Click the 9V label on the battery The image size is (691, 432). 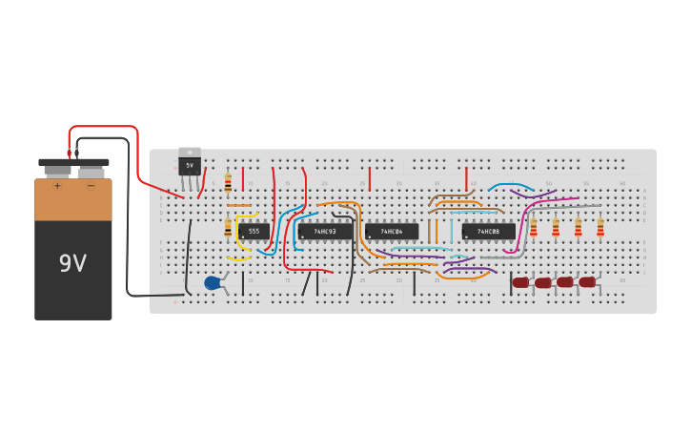pos(72,262)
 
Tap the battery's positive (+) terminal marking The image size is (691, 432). pos(57,185)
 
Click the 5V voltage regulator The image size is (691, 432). pos(189,164)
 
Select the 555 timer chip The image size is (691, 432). pos(254,231)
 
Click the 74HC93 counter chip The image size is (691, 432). pos(325,232)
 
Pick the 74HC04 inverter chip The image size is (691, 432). pos(392,232)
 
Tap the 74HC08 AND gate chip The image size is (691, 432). pos(488,232)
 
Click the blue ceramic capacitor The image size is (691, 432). pos(213,282)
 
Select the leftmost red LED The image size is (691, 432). pos(520,282)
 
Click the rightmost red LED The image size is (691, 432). pos(587,281)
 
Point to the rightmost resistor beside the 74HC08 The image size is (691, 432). pos(600,227)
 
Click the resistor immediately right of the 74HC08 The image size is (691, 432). pos(534,227)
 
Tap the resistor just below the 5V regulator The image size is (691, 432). pos(228,183)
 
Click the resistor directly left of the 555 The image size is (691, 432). pos(228,227)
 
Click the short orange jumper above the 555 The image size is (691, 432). pos(239,205)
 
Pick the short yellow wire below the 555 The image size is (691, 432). pos(238,258)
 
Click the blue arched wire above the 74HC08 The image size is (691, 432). pos(510,185)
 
